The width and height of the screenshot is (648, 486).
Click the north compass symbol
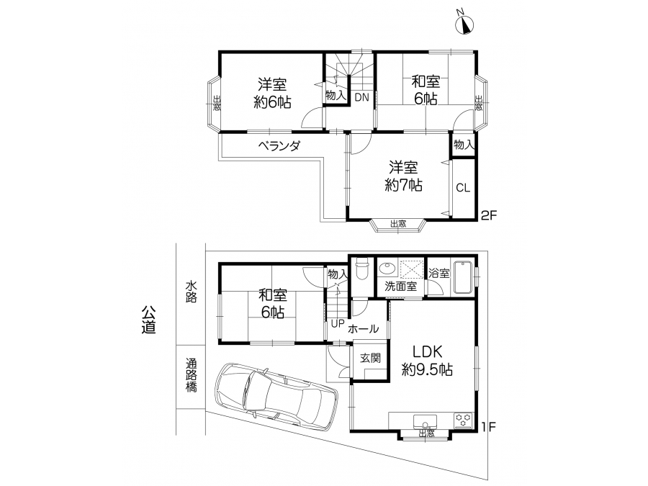[x=464, y=23]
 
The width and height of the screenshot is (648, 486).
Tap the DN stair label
[x=361, y=97]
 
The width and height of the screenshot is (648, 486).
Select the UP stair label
[x=337, y=324]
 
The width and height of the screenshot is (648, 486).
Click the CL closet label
[x=463, y=188]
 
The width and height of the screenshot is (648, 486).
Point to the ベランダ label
[x=279, y=145]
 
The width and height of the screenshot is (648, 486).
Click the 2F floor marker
[x=488, y=215]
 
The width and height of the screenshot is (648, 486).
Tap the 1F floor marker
[x=488, y=426]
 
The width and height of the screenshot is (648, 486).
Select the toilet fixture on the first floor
[x=362, y=269]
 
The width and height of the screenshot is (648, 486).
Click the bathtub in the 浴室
[x=463, y=277]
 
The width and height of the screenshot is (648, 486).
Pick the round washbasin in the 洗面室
[x=387, y=269]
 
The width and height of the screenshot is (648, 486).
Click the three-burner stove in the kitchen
[x=464, y=420]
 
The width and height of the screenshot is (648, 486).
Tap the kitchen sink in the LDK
[x=425, y=421]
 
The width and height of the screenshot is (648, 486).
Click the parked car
[x=276, y=395]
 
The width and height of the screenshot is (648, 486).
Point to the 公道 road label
[x=148, y=320]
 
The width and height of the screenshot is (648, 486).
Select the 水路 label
[x=191, y=292]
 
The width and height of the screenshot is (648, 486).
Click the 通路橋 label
[x=191, y=375]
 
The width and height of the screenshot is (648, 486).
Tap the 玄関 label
[x=370, y=359]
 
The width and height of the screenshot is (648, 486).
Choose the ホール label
[x=363, y=329]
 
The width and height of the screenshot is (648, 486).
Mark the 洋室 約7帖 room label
[x=403, y=176]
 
